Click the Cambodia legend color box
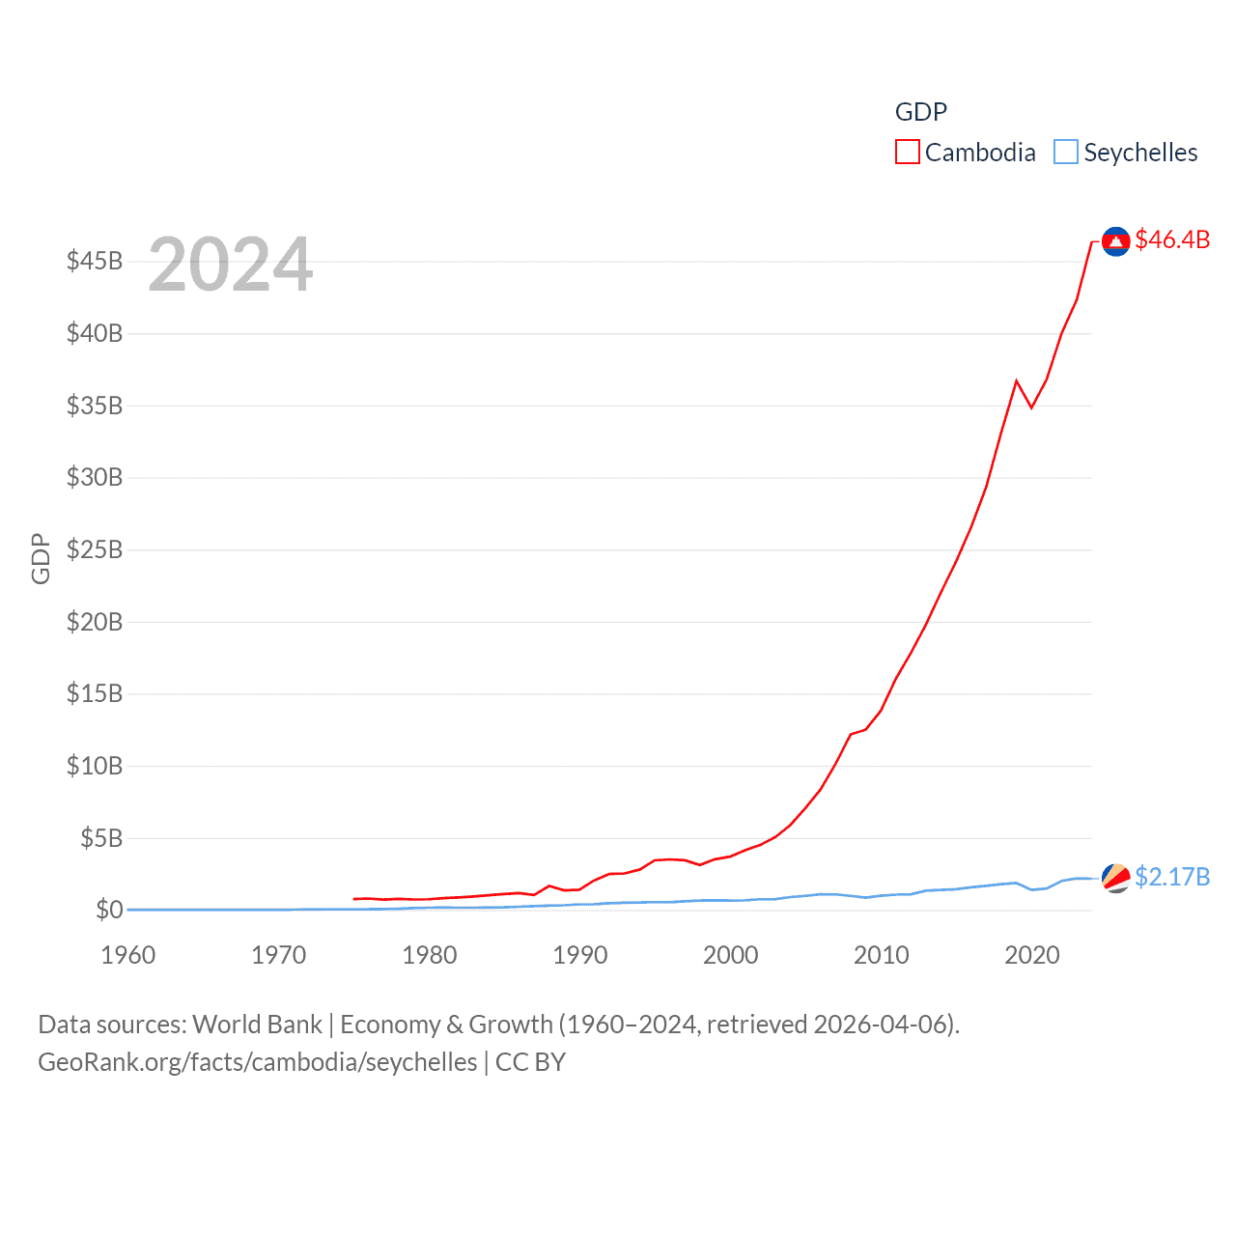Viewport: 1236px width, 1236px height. (x=907, y=153)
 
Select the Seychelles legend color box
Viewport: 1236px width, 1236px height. (x=1065, y=153)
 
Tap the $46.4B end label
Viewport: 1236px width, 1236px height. (x=1172, y=239)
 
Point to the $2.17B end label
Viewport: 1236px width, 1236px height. (x=1172, y=877)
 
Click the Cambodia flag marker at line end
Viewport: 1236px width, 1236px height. (x=1115, y=241)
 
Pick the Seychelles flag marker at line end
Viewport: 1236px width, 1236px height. (x=1115, y=878)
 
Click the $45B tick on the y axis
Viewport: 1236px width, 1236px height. (x=95, y=261)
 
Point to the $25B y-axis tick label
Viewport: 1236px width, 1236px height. (x=95, y=549)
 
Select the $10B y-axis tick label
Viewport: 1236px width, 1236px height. (x=95, y=766)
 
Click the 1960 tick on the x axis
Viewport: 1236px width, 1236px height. (x=128, y=955)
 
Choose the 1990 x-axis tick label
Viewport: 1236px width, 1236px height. (x=580, y=955)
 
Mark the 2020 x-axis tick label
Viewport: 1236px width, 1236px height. (x=1032, y=955)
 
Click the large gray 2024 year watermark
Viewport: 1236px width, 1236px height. (x=231, y=265)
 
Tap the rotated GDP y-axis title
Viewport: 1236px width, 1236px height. (x=41, y=558)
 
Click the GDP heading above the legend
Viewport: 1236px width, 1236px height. (x=921, y=112)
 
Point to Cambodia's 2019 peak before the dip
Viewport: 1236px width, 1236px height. (x=1017, y=380)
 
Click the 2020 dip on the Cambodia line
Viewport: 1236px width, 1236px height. (x=1031, y=407)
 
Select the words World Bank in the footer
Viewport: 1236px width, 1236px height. (x=257, y=1025)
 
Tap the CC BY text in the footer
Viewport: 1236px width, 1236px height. (x=530, y=1062)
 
